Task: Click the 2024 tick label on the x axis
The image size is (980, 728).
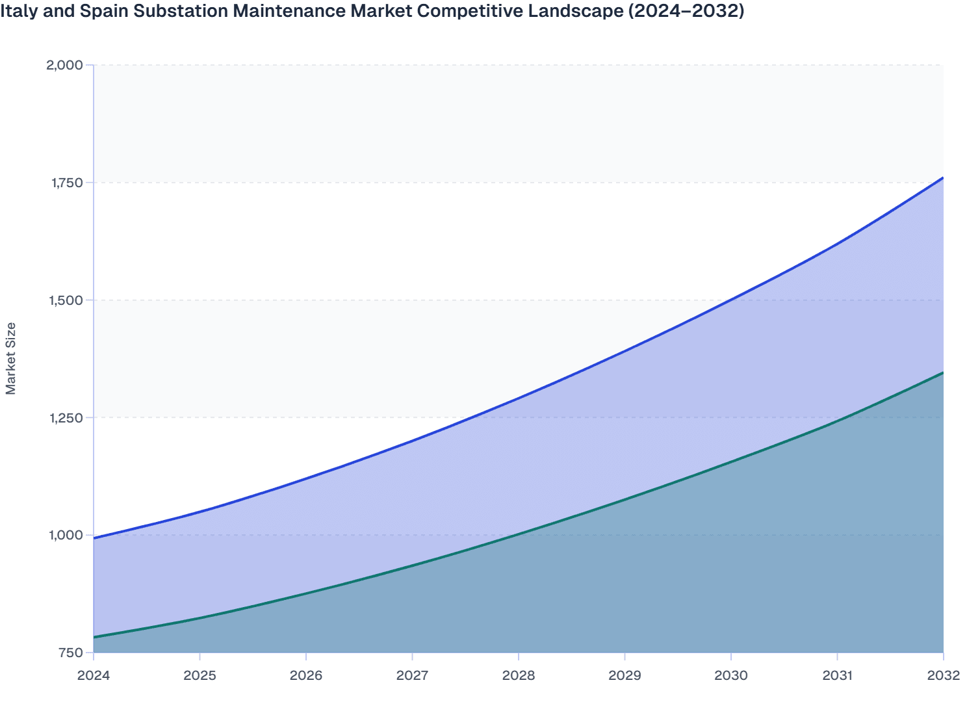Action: [94, 675]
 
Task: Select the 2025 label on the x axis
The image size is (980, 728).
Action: [200, 675]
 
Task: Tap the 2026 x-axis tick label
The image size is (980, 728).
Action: [306, 675]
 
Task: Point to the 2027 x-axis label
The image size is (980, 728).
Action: [412, 675]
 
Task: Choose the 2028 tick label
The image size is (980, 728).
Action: [519, 675]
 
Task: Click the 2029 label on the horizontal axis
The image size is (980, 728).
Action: [625, 675]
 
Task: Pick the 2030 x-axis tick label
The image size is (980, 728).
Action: [731, 675]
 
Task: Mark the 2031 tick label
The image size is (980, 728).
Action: [837, 675]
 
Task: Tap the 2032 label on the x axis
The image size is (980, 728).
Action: [943, 675]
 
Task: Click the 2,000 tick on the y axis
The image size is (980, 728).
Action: [64, 65]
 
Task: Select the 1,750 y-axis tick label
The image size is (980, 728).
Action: [67, 183]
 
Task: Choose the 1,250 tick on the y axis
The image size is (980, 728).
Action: [66, 418]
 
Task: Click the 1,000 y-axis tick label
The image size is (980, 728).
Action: [66, 536]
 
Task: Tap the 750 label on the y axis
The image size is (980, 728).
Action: [71, 653]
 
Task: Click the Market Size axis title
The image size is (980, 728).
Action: [11, 358]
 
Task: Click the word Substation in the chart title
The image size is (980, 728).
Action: [175, 11]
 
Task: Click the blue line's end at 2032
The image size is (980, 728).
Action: [942, 177]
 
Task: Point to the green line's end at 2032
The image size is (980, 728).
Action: [942, 373]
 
